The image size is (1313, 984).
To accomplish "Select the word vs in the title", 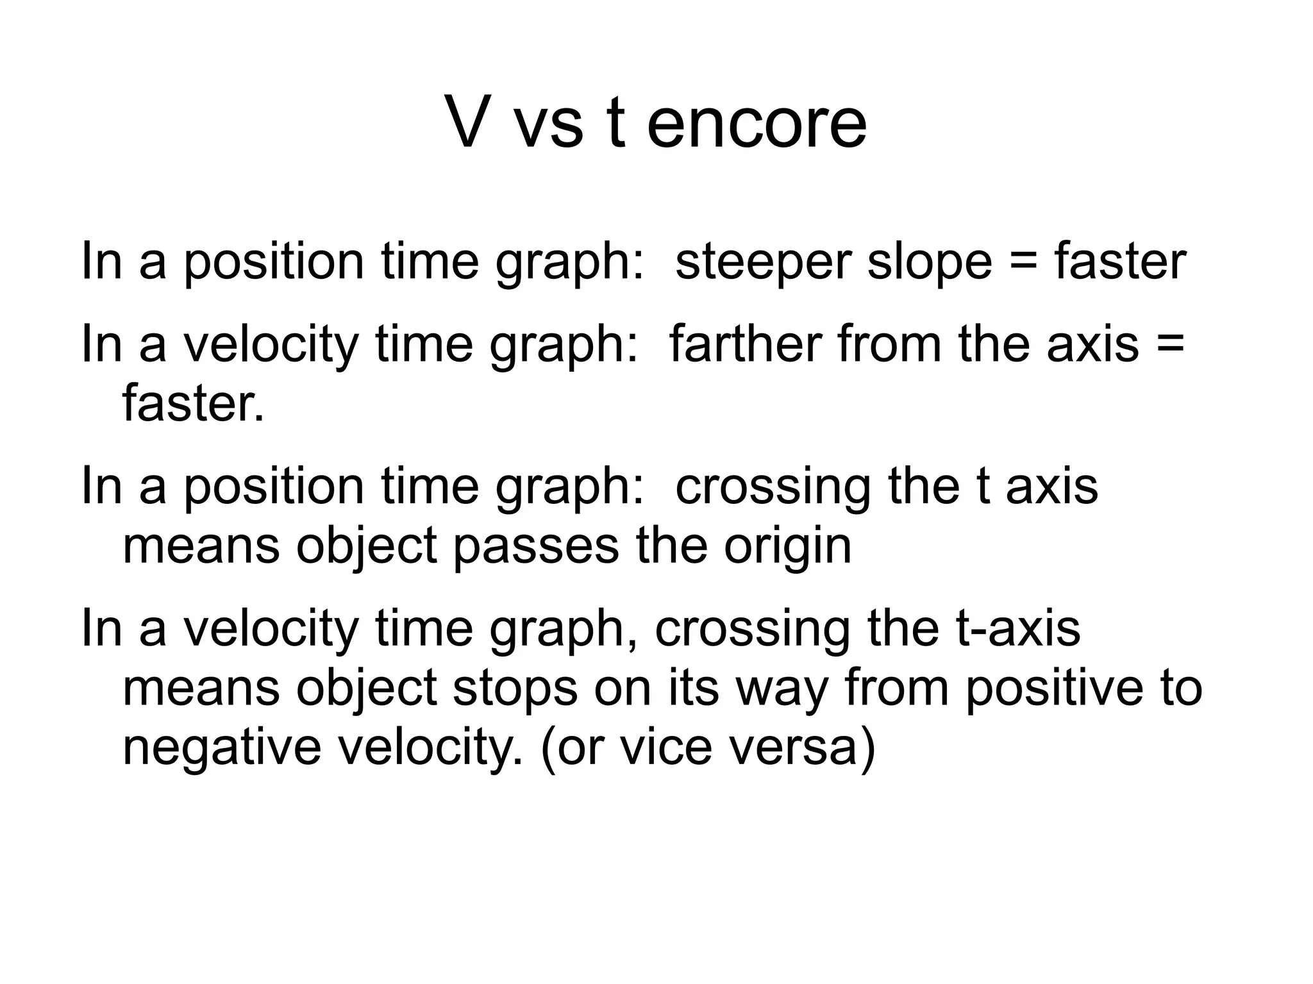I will [x=549, y=128].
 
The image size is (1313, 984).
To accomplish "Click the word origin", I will [x=788, y=547].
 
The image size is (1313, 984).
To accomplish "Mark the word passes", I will [x=536, y=547].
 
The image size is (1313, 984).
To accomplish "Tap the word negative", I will [x=222, y=749].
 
